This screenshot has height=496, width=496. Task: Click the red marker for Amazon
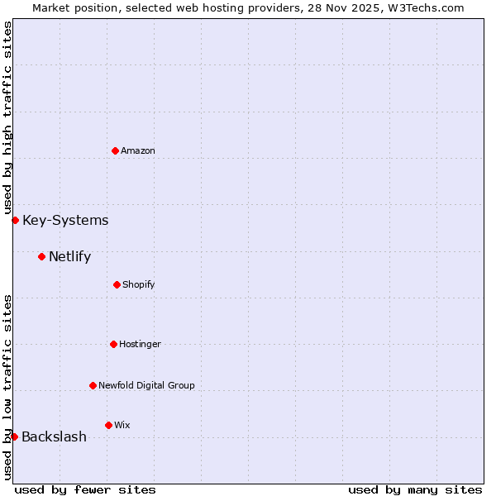pos(116,150)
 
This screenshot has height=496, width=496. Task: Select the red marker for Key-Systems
pos(15,220)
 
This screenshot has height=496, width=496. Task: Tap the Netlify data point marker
pos(41,256)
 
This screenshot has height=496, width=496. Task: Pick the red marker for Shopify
pos(117,284)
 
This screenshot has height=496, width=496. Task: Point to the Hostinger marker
pos(113,344)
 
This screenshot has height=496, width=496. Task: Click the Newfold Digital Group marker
pos(93,385)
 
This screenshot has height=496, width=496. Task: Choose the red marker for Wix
pos(108,425)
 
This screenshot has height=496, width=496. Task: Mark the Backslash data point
pos(14,436)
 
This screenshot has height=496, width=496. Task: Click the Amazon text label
pos(138,150)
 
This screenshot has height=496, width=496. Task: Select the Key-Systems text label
pos(65,220)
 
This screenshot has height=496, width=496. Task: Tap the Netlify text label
pos(69,256)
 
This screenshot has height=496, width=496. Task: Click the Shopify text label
pos(139,284)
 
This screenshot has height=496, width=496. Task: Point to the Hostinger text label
pos(140,344)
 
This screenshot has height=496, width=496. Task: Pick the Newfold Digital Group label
pos(146,385)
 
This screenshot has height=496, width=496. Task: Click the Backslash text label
pos(54,436)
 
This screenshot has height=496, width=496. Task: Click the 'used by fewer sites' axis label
pos(85,489)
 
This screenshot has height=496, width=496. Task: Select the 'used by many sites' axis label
pos(415,489)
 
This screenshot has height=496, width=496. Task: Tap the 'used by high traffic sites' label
pos(7,118)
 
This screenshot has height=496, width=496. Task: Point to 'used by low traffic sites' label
pos(7,387)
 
